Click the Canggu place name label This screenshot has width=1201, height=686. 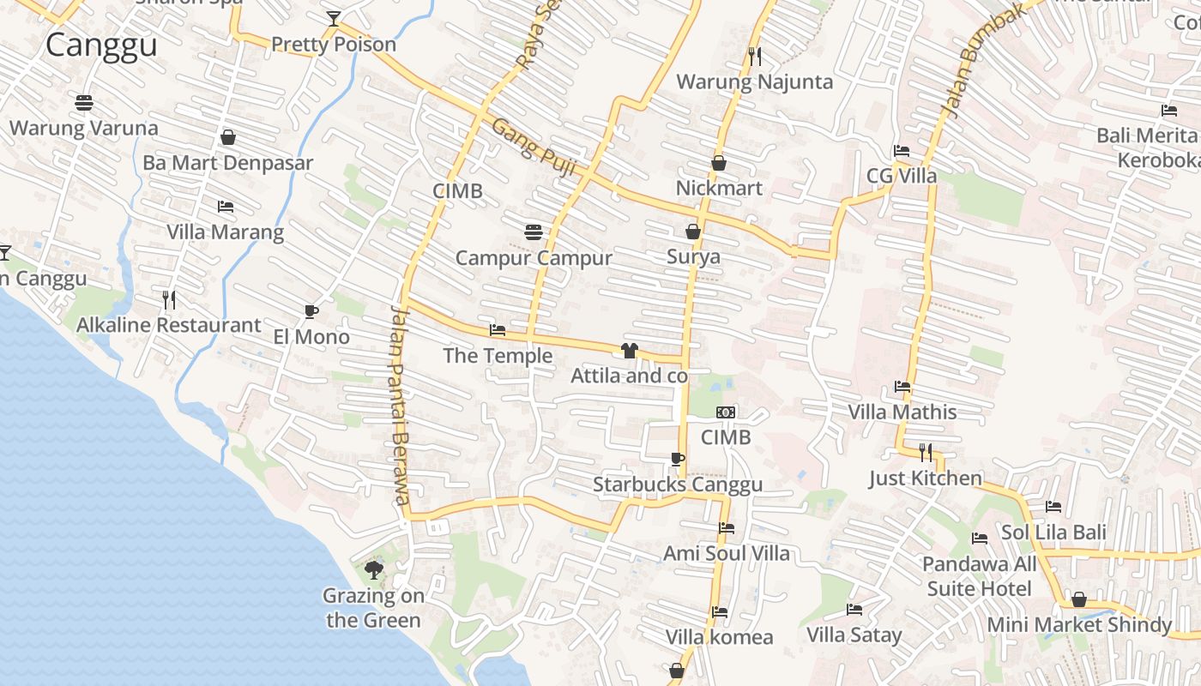[x=101, y=45]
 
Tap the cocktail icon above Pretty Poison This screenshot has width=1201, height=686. [x=334, y=19]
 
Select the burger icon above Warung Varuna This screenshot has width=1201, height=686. [x=84, y=103]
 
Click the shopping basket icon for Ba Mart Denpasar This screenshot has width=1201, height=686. [x=228, y=137]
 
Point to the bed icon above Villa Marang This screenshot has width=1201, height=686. [x=226, y=207]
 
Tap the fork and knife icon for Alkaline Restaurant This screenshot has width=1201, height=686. [x=169, y=299]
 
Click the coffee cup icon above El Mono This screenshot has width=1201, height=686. [x=311, y=311]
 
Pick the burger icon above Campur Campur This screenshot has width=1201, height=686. [x=534, y=232]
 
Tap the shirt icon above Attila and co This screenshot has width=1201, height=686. [x=630, y=350]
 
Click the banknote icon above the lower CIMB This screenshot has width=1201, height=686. [x=726, y=412]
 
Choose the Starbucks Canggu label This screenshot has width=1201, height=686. [x=678, y=484]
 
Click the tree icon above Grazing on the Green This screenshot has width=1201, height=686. [x=373, y=569]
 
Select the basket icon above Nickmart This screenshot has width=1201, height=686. [x=719, y=162]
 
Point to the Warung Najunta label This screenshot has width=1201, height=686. [x=755, y=81]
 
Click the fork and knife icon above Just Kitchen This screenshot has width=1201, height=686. [x=926, y=452]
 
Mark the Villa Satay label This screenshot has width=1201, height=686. [x=854, y=635]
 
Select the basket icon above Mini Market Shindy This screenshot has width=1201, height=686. [x=1079, y=599]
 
